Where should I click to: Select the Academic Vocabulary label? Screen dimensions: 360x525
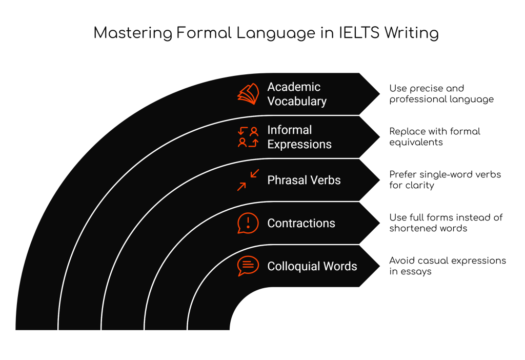(297, 94)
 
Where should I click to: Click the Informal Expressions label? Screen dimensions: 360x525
(299, 137)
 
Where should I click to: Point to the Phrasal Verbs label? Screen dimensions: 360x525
(304, 181)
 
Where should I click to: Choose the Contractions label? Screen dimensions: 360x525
(301, 224)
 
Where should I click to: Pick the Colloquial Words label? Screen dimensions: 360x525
(312, 267)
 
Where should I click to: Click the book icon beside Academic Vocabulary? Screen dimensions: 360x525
(248, 94)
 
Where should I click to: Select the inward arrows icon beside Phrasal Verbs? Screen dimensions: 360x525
(248, 180)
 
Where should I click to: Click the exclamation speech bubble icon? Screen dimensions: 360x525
(248, 223)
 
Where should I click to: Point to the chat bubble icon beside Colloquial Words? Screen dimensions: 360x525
(248, 266)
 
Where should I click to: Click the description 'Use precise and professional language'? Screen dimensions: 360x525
(441, 94)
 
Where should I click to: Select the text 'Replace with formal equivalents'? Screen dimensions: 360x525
(435, 137)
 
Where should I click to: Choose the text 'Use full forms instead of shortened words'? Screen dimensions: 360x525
(446, 223)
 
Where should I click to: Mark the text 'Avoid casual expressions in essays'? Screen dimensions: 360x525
(448, 266)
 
